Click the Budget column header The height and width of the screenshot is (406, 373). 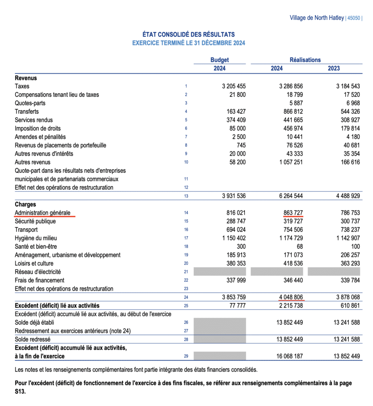[x=220, y=60]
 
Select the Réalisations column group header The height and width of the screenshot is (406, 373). [x=305, y=60]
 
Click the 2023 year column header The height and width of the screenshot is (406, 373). [x=334, y=68]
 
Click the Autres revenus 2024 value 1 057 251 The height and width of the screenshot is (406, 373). [x=288, y=162]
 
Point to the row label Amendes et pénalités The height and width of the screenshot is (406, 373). [x=40, y=137]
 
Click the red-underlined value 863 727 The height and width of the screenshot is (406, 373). [x=293, y=213]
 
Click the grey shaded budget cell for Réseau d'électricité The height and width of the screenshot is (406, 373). [x=220, y=272]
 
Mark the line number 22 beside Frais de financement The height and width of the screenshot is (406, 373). [x=186, y=280]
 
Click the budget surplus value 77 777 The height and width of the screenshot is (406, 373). [x=237, y=306]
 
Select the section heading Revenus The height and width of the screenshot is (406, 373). [x=26, y=78]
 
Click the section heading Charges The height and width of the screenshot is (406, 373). [x=25, y=205]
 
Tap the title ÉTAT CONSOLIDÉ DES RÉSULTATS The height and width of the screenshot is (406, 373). [x=189, y=35]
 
